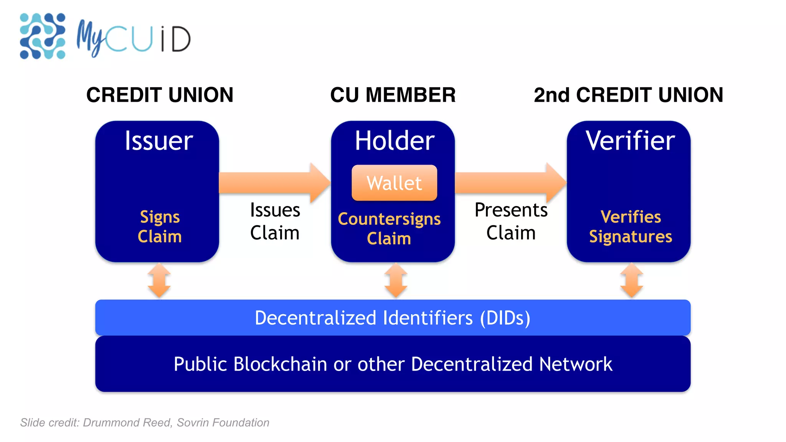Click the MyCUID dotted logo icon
(x=42, y=36)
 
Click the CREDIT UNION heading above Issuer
(x=160, y=95)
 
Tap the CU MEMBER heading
(x=393, y=95)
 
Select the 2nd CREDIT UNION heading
(x=628, y=95)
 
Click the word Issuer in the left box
(x=159, y=141)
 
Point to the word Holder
(x=395, y=141)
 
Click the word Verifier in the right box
(x=630, y=141)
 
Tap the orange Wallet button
(x=394, y=183)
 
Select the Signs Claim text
(x=160, y=227)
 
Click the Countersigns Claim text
(x=389, y=228)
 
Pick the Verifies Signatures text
(x=631, y=227)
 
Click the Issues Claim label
(x=275, y=221)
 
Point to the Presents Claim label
(x=511, y=221)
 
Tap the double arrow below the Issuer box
(x=159, y=280)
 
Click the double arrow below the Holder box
(x=396, y=280)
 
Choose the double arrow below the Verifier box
(x=631, y=280)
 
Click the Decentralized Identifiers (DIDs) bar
(x=393, y=318)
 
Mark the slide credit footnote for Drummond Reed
(x=145, y=422)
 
